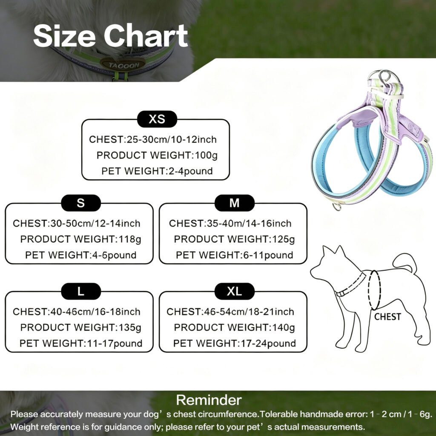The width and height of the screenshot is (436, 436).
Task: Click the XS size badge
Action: [x=157, y=119]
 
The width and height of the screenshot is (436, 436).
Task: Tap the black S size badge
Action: [x=81, y=203]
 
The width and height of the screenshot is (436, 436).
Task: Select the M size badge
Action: [x=235, y=203]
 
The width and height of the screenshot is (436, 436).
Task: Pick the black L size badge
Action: [x=81, y=291]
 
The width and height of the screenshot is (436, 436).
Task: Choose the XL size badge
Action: [x=235, y=291]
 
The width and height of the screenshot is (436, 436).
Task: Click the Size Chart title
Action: [x=110, y=36]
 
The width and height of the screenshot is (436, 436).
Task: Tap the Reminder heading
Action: [x=209, y=400]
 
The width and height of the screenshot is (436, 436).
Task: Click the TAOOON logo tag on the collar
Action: [x=123, y=65]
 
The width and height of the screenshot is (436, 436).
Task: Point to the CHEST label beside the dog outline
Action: [x=387, y=317]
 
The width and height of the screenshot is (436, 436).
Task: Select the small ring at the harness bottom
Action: [x=337, y=207]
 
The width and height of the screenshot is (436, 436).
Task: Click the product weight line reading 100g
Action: [x=157, y=155]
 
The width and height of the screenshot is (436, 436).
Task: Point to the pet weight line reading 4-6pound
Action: [x=80, y=255]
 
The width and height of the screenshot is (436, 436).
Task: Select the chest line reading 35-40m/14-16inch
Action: [x=230, y=223]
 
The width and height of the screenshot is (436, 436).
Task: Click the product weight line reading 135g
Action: [x=80, y=327]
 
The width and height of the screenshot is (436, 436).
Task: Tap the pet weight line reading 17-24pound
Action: [x=235, y=344]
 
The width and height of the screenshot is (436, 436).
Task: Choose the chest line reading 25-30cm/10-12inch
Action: [x=153, y=139]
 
